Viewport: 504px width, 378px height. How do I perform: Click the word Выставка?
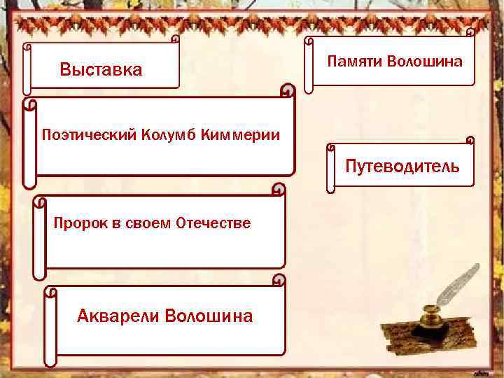coord(101,70)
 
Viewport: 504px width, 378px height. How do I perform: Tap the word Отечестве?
coord(213,223)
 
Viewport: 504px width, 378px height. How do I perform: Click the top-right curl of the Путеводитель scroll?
coord(470,140)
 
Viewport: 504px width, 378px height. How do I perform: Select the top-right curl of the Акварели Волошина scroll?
coord(279,281)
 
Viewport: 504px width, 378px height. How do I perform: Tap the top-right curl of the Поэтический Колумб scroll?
coord(288,90)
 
